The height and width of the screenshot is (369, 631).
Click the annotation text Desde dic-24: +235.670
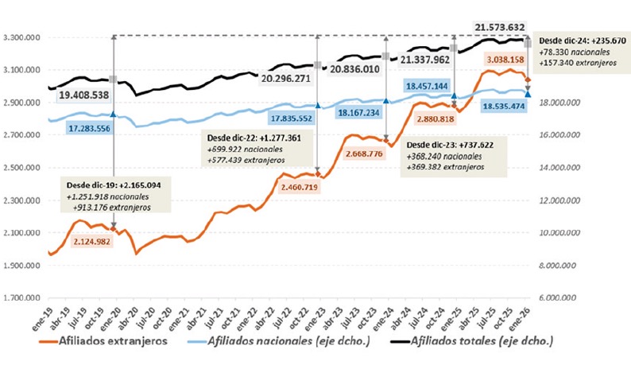[x=582, y=41]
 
